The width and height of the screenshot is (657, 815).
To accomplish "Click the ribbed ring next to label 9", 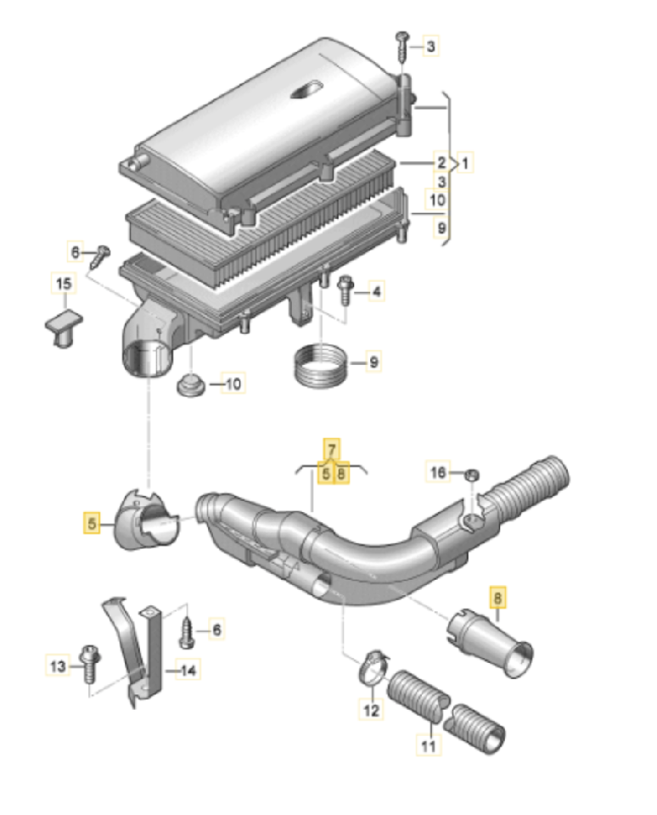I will [x=322, y=365].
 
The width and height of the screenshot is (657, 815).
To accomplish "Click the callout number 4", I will [x=375, y=293].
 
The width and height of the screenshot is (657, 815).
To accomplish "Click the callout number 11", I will [x=429, y=746].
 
